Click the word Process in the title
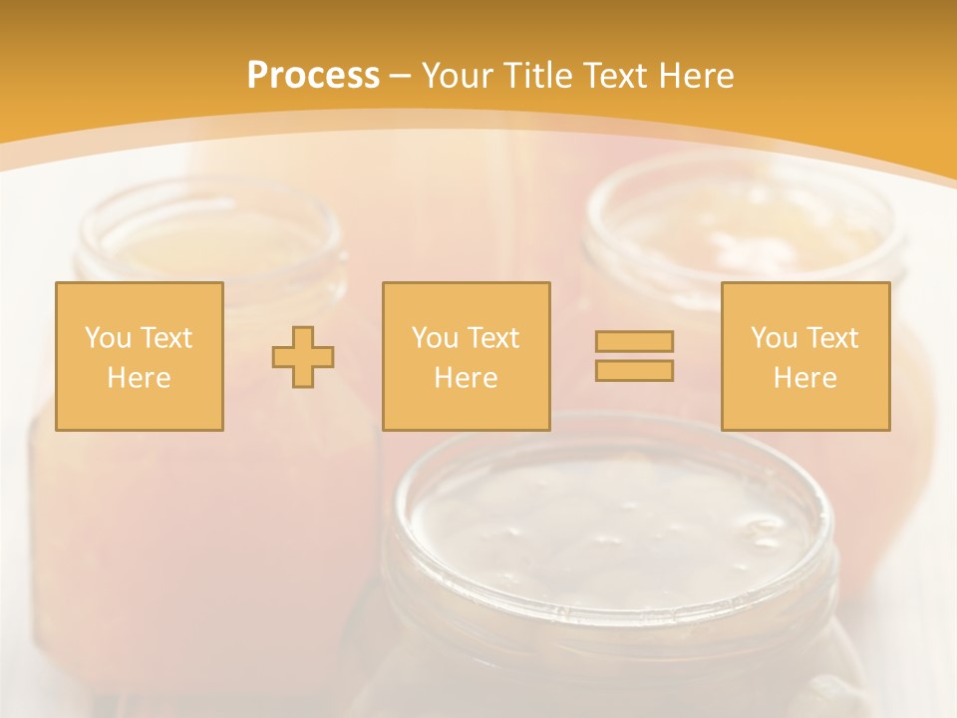[313, 76]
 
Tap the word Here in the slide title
[695, 76]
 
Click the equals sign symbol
[634, 356]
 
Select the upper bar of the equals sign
[634, 342]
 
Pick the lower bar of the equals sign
[634, 370]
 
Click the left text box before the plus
[140, 356]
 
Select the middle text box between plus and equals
[467, 356]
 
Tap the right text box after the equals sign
[805, 356]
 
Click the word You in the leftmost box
[107, 337]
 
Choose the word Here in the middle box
[467, 378]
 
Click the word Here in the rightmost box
[805, 378]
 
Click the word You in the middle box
[434, 337]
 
